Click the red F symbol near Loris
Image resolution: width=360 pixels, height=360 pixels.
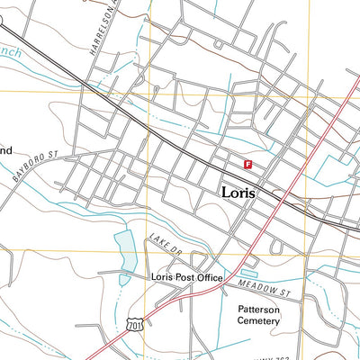[x=247, y=163]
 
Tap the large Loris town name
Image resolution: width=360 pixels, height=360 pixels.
[x=238, y=193]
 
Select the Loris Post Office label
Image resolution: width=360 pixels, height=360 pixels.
[x=186, y=278]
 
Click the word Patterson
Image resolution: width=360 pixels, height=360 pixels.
[x=259, y=308]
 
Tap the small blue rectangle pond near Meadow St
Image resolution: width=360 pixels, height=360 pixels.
[x=249, y=269]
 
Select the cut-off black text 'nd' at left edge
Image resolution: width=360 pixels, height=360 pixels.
[x=5, y=150]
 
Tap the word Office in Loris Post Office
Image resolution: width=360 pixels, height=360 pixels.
[x=209, y=278]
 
